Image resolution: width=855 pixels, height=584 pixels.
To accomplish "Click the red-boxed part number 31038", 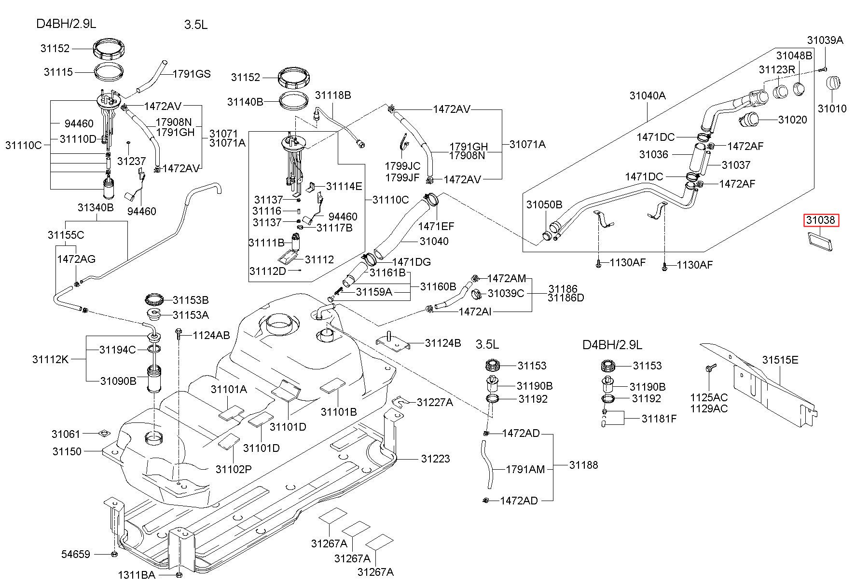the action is click(821, 220).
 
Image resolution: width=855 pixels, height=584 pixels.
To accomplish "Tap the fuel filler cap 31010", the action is click(834, 82).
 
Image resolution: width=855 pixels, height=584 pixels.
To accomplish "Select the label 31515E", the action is click(780, 360).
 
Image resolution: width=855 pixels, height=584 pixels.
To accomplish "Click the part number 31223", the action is click(435, 459).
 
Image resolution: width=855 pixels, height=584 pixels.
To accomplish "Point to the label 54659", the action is click(75, 554).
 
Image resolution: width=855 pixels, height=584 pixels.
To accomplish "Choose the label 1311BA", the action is click(137, 575).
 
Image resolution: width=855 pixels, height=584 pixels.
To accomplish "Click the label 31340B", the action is click(96, 207).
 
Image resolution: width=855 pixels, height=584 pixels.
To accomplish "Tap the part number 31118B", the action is click(333, 95).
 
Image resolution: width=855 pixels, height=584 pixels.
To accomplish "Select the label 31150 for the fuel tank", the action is click(67, 451).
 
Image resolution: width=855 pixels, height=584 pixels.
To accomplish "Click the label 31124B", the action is click(443, 343).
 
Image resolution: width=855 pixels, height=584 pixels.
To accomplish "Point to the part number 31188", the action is click(583, 465).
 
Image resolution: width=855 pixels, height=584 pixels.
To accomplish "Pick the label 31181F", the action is click(659, 419).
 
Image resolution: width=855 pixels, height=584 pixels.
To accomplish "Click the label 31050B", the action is click(544, 204).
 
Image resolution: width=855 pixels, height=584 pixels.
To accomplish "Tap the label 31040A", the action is click(648, 95).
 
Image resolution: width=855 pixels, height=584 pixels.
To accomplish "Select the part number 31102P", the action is click(234, 469).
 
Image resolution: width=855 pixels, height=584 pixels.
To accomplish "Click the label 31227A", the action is click(435, 402).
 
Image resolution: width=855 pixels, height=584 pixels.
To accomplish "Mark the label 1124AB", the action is click(211, 335).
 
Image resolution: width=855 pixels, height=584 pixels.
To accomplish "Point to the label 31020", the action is click(793, 120).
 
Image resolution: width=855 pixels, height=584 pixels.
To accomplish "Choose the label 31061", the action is click(66, 434).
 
